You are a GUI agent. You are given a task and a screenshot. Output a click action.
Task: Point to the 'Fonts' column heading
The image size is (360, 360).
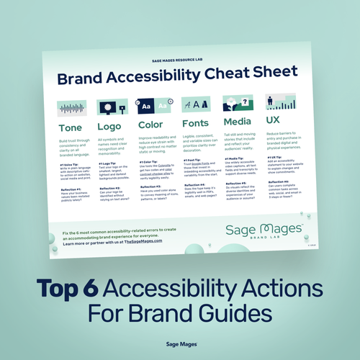(x=197, y=123)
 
